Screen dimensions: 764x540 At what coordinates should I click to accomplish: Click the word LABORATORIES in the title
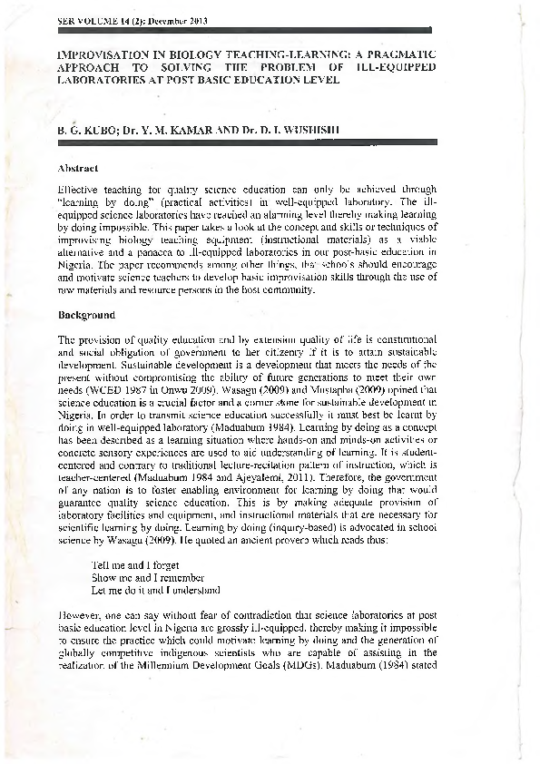[x=99, y=79]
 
